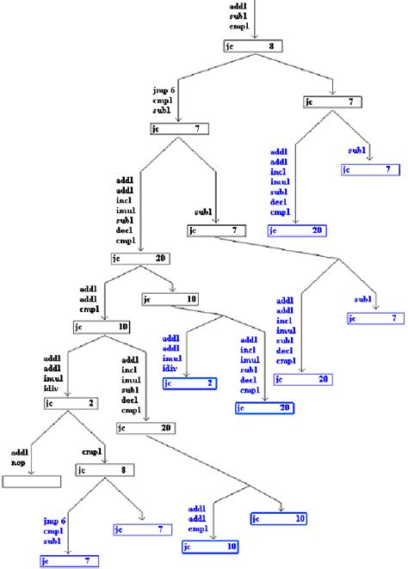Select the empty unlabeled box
pyautogui.click(x=32, y=481)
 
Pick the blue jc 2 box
pyautogui.click(x=190, y=383)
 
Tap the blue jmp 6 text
pyautogui.click(x=57, y=521)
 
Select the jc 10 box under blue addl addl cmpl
pyautogui.click(x=209, y=547)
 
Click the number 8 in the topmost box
pyautogui.click(x=272, y=46)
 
